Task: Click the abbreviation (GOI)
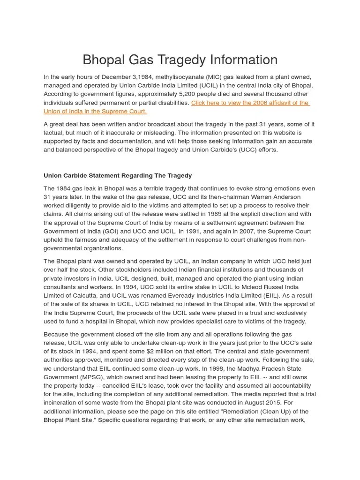click(x=122, y=231)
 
